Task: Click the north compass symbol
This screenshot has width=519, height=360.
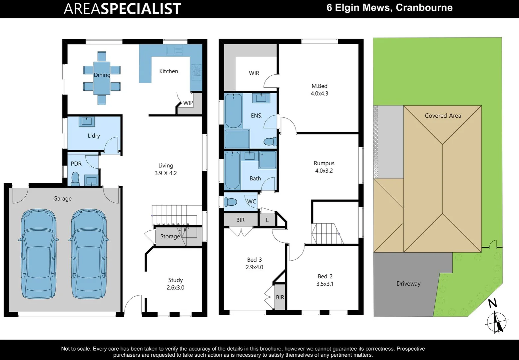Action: pyautogui.click(x=496, y=322)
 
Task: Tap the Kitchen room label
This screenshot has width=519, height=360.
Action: pyautogui.click(x=169, y=71)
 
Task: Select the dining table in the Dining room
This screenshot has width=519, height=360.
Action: pyautogui.click(x=102, y=78)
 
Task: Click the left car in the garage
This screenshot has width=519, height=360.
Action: pyautogui.click(x=38, y=254)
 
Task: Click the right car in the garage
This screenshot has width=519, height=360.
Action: pyautogui.click(x=89, y=254)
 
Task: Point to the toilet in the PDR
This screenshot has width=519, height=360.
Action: pyautogui.click(x=75, y=179)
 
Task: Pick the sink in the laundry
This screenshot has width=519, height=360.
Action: pyautogui.click(x=87, y=122)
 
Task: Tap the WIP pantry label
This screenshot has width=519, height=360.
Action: pyautogui.click(x=188, y=103)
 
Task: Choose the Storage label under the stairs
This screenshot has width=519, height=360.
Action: pyautogui.click(x=170, y=236)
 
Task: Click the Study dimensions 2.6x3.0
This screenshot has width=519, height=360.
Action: pyautogui.click(x=176, y=288)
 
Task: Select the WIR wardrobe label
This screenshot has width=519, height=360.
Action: pyautogui.click(x=254, y=73)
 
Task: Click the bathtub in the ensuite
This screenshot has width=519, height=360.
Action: pyautogui.click(x=233, y=111)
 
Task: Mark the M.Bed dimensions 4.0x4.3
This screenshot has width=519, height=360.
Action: pyautogui.click(x=319, y=94)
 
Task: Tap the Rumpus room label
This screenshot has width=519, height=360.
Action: pyautogui.click(x=324, y=163)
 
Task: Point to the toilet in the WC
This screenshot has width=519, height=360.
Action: pyautogui.click(x=231, y=202)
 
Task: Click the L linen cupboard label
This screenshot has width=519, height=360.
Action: pyautogui.click(x=267, y=220)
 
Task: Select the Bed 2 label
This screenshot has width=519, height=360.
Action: pyautogui.click(x=325, y=276)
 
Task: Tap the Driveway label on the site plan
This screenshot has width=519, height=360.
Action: pyautogui.click(x=408, y=284)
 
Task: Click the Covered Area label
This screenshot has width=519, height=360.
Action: pyautogui.click(x=443, y=116)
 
